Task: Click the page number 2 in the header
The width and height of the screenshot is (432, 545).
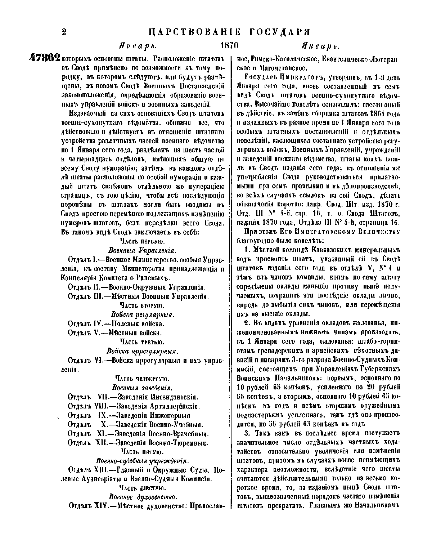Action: click(65, 32)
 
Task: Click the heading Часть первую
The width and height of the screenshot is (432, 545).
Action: click(141, 240)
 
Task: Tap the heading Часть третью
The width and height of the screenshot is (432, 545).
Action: click(141, 341)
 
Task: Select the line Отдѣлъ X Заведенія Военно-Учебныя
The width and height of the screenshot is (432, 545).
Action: click(135, 424)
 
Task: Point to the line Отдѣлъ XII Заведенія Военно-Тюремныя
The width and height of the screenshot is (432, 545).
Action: click(138, 443)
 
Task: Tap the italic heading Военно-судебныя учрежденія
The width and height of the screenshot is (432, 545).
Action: click(143, 461)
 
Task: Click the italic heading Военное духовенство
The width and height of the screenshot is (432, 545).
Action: click(143, 497)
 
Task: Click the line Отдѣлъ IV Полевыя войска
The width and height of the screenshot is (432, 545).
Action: click(116, 323)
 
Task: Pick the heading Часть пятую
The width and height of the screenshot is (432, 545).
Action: click(143, 452)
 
